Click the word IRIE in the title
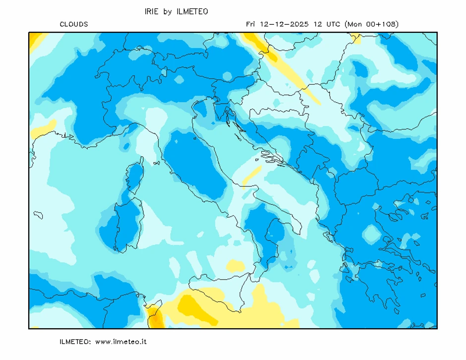pos(151,11)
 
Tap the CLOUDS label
pos(74,24)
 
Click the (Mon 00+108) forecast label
pos(372,24)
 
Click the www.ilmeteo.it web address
pos(120,342)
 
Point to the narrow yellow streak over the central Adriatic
pos(252,177)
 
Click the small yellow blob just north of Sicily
pos(236,266)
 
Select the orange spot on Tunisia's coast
pos(156,317)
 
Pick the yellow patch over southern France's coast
pos(44,128)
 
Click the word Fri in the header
pos(251,24)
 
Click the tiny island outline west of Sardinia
pos(38,215)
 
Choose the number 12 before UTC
pos(317,24)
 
